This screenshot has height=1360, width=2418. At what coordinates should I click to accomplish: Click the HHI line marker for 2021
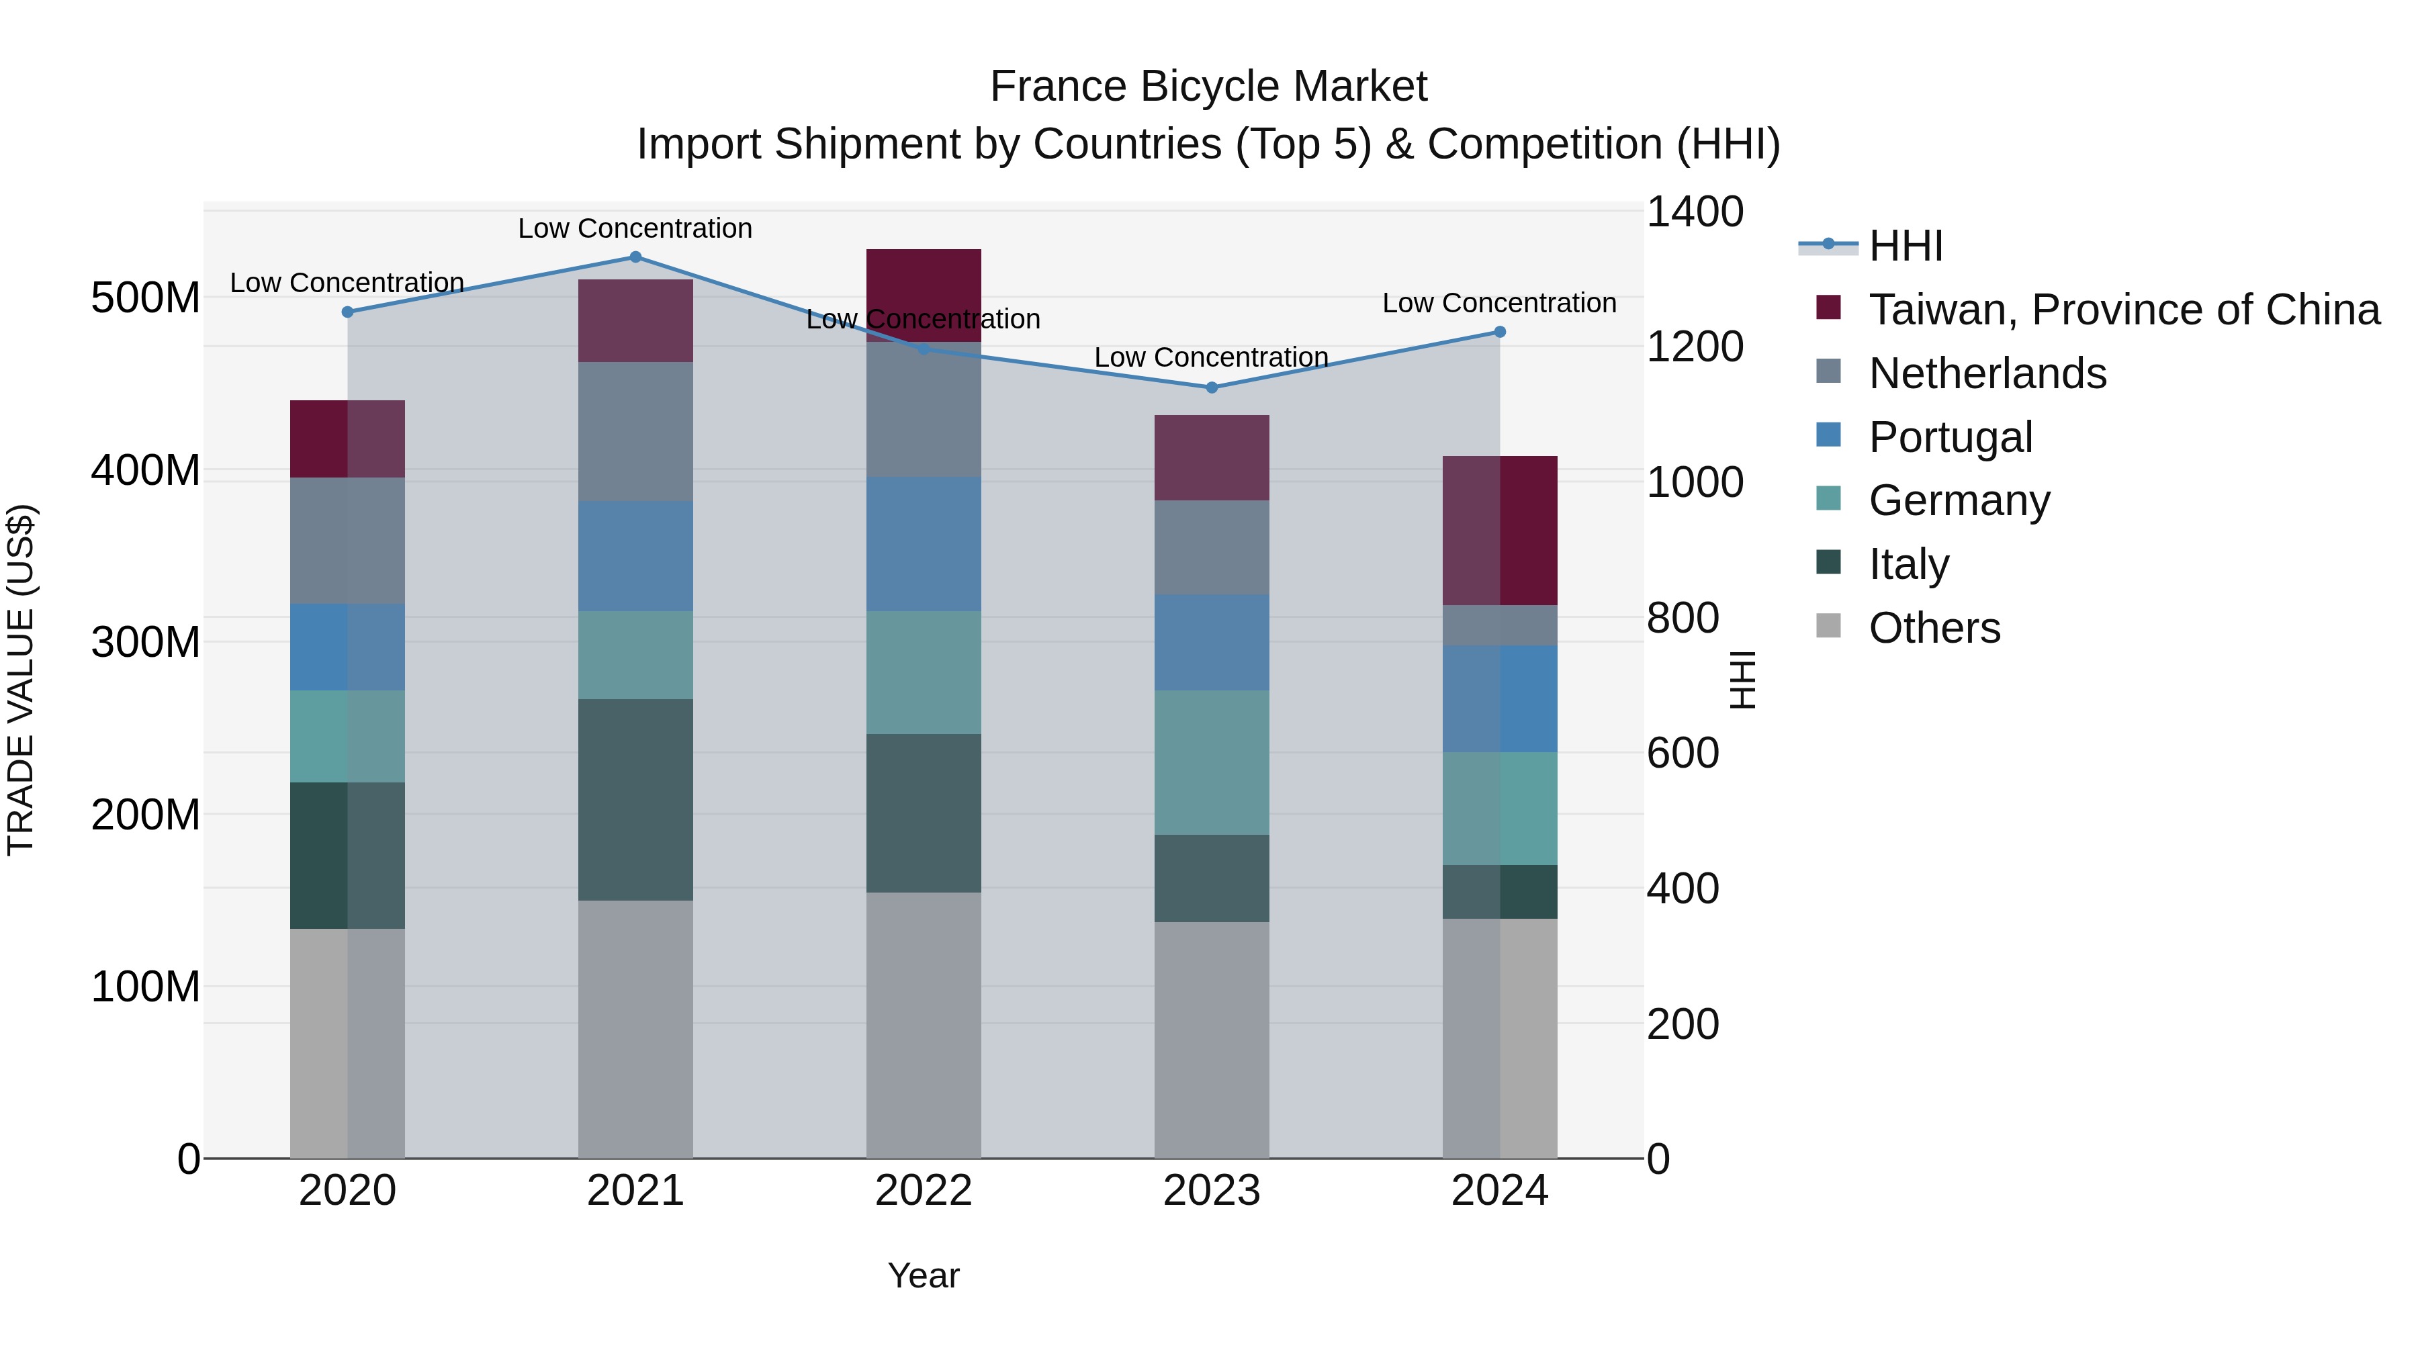[x=635, y=257]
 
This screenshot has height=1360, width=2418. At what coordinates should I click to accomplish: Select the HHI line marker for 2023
[x=1211, y=388]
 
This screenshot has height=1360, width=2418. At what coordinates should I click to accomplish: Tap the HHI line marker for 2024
[x=1499, y=332]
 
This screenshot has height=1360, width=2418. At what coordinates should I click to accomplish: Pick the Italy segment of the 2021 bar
[x=635, y=800]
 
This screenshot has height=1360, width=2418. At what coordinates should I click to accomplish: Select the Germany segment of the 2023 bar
[x=1211, y=762]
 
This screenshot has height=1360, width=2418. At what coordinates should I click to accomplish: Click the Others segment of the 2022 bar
[x=923, y=1025]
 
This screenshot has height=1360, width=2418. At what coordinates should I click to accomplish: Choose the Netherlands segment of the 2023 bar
[x=1211, y=547]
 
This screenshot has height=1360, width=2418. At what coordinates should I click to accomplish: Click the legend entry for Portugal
[x=1950, y=437]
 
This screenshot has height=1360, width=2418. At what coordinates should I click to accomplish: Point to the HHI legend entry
[x=1905, y=246]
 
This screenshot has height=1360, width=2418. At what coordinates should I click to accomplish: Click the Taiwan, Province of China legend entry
[x=2123, y=310]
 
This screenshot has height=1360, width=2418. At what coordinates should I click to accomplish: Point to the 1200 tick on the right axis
[x=1695, y=347]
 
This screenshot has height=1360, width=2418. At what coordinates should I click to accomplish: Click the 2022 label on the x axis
[x=923, y=1191]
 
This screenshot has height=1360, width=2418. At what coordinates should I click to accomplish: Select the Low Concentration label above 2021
[x=635, y=228]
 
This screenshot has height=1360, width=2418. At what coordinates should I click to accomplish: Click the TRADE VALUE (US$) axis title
[x=21, y=680]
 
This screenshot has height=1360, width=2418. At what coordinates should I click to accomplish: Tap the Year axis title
[x=923, y=1275]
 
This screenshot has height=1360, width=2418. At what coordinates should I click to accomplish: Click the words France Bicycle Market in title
[x=1208, y=87]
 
